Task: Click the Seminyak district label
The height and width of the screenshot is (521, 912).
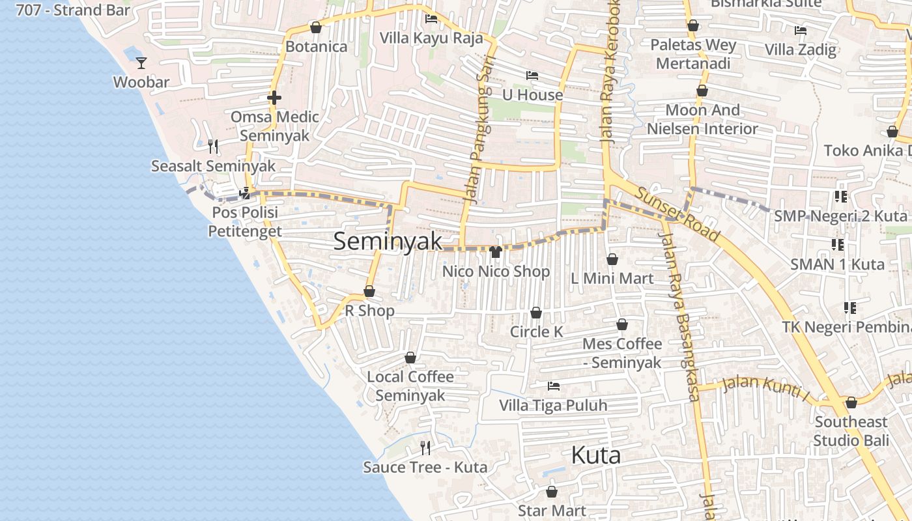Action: [388, 241]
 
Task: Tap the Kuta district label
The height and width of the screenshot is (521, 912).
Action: [595, 455]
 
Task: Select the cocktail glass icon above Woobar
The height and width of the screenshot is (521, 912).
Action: [141, 63]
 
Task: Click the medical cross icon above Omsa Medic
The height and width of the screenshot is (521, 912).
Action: [274, 98]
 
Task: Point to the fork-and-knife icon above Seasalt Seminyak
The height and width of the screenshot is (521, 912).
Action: [212, 146]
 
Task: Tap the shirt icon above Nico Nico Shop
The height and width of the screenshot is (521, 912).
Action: [496, 252]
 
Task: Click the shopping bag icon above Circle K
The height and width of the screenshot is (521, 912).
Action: [536, 313]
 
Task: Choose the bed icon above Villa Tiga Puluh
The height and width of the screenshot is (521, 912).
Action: [554, 386]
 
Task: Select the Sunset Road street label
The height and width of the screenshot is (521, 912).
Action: [678, 214]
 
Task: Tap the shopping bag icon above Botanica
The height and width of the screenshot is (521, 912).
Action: [316, 27]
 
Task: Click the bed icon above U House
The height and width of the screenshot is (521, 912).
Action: [532, 76]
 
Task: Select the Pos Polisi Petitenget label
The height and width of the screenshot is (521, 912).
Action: [245, 221]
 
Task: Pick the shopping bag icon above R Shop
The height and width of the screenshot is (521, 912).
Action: [369, 292]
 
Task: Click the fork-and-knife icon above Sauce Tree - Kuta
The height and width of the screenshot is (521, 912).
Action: [425, 447]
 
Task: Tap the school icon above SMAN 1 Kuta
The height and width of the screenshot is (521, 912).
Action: [838, 245]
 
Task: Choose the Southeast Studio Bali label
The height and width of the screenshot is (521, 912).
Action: [851, 431]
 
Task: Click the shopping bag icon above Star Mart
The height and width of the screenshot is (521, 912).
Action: [552, 492]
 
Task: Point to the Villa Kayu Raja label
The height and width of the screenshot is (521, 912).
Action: [431, 38]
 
